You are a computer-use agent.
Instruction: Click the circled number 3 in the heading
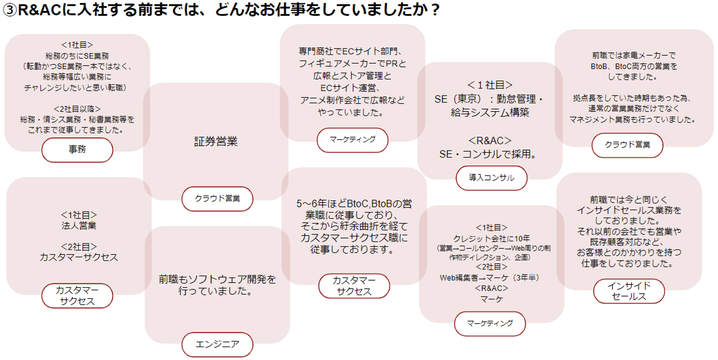(x=9, y=10)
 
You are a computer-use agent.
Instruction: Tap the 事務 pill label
(x=77, y=150)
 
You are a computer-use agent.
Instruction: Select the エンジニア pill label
(x=217, y=344)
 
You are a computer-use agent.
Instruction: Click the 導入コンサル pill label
(x=491, y=178)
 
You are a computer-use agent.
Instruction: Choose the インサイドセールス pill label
(x=629, y=291)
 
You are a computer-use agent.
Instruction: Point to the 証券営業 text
(x=216, y=142)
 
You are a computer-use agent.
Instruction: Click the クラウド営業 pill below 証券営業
(x=217, y=198)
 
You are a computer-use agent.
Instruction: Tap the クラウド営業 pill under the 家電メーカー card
(x=627, y=145)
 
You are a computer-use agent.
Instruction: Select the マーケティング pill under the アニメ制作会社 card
(x=352, y=140)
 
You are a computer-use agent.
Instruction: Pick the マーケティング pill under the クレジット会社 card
(x=490, y=324)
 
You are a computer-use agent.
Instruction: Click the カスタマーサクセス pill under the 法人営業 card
(x=77, y=296)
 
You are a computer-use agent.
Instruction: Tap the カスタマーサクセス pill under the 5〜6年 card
(x=354, y=286)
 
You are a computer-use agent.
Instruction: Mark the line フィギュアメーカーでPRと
(x=353, y=64)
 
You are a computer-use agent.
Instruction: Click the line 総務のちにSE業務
(x=77, y=55)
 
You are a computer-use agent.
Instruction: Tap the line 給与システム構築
(x=489, y=112)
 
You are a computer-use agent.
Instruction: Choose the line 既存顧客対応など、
(x=629, y=242)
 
